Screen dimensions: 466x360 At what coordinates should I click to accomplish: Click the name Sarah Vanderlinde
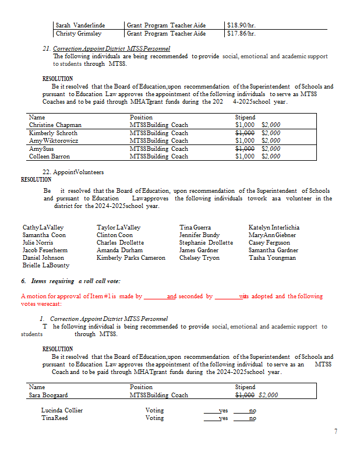coord(80,26)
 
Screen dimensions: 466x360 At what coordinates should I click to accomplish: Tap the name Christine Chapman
coord(55,125)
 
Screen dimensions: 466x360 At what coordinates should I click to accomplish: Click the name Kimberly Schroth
coord(53,133)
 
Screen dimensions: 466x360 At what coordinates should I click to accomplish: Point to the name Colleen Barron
coord(50,156)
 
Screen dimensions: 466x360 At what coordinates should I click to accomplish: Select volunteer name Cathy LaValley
coord(43,227)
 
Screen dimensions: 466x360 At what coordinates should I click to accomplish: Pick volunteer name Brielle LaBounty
coord(45,265)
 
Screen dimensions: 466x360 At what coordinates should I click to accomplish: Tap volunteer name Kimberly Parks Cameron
coord(131,257)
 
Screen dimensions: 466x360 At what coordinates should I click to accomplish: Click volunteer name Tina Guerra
coord(195,227)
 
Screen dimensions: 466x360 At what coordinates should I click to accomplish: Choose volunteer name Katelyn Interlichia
coord(274,227)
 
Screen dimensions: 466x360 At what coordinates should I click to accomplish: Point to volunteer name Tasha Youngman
coord(272,257)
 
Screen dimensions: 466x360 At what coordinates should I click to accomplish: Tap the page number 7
coord(336,431)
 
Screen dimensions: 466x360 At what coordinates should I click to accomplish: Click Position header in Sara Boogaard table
coord(142,387)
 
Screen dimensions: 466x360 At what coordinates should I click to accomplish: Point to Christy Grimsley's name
coord(79,33)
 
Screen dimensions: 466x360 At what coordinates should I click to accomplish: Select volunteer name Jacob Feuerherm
coord(45,250)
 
